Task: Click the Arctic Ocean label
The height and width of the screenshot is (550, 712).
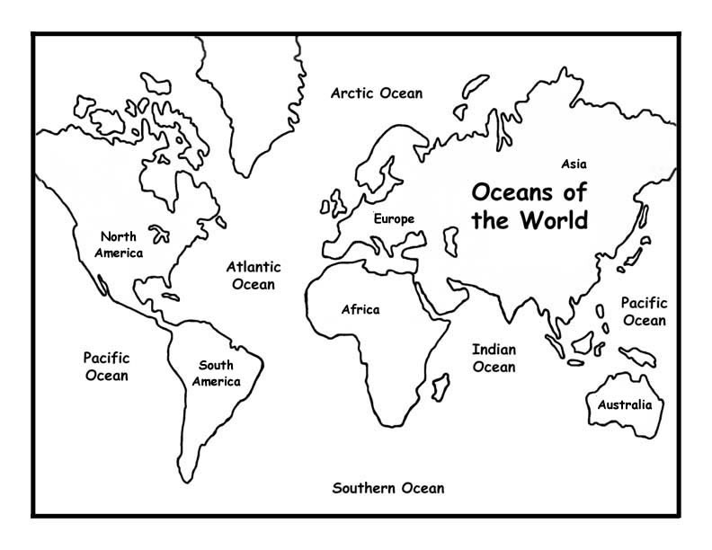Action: pos(376,93)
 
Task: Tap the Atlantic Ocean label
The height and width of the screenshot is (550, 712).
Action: pos(253,275)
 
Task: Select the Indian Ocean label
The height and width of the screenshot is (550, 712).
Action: pos(494,358)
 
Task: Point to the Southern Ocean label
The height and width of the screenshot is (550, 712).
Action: pos(388,489)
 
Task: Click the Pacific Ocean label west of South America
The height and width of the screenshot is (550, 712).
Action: pos(106,366)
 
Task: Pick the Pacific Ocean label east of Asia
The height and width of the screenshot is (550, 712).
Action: pos(644,312)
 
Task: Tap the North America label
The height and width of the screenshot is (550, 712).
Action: pos(121,244)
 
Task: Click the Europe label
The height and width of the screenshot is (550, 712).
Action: pos(395,218)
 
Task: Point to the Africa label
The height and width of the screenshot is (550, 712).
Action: pos(360,310)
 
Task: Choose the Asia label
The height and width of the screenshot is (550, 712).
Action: pos(574,164)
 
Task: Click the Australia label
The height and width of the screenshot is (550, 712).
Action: pos(624,404)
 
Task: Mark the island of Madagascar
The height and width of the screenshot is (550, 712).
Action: pos(441,387)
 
